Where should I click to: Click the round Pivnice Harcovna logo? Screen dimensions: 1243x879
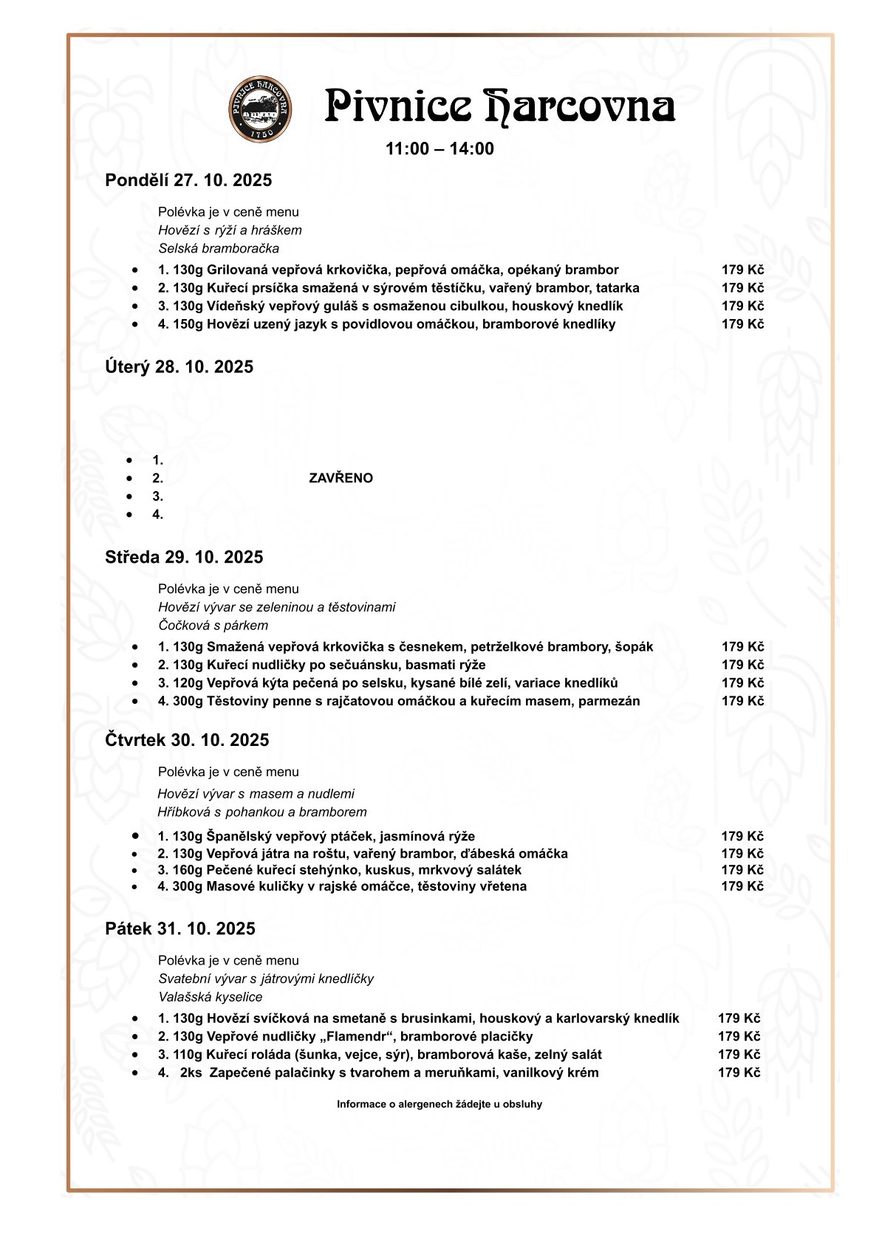pyautogui.click(x=260, y=109)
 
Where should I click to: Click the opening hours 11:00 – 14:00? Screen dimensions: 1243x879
pyautogui.click(x=439, y=149)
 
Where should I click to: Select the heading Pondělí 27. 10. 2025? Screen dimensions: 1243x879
pyautogui.click(x=188, y=180)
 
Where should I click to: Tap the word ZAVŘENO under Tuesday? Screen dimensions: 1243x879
pyautogui.click(x=341, y=478)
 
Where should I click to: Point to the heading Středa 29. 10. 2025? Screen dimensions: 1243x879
pyautogui.click(x=184, y=557)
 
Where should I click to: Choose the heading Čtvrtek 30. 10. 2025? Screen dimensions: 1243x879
pyautogui.click(x=187, y=740)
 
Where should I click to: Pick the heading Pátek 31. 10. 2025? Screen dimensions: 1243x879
pyautogui.click(x=180, y=928)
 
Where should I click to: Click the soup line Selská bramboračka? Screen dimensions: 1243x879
pyautogui.click(x=219, y=248)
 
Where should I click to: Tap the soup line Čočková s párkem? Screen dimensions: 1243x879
pyautogui.click(x=213, y=625)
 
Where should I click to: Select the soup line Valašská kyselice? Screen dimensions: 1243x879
pyautogui.click(x=211, y=996)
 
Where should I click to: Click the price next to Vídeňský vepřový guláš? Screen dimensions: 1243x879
pyautogui.click(x=742, y=306)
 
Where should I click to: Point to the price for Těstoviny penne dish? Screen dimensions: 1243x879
pyautogui.click(x=742, y=701)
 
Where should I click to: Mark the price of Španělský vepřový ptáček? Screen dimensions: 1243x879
pyautogui.click(x=742, y=836)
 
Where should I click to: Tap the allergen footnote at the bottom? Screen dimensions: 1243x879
pyautogui.click(x=439, y=1104)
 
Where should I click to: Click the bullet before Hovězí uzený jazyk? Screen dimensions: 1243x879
pyautogui.click(x=135, y=324)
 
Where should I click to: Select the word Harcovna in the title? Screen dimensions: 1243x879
pyautogui.click(x=580, y=107)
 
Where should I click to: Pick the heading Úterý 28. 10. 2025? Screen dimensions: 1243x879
pyautogui.click(x=179, y=367)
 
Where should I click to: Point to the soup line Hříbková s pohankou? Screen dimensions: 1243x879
pyautogui.click(x=262, y=812)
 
